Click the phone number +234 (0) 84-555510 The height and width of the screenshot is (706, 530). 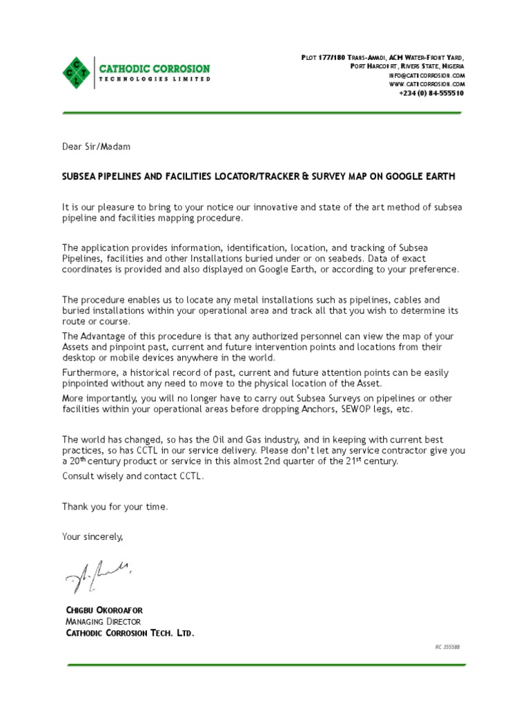[x=431, y=93]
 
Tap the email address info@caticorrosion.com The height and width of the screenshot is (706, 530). [x=427, y=74]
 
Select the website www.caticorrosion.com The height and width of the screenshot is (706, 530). [x=427, y=83]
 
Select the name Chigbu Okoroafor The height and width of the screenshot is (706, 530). [x=104, y=611]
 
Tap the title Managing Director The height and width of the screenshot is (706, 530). [x=104, y=622]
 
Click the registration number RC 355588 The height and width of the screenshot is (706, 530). [x=447, y=647]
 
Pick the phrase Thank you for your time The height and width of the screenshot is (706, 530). [x=115, y=507]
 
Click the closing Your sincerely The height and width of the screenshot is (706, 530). [x=92, y=536]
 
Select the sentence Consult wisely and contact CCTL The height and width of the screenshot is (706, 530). [x=133, y=476]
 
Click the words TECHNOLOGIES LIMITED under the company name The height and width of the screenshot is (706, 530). [x=155, y=79]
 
